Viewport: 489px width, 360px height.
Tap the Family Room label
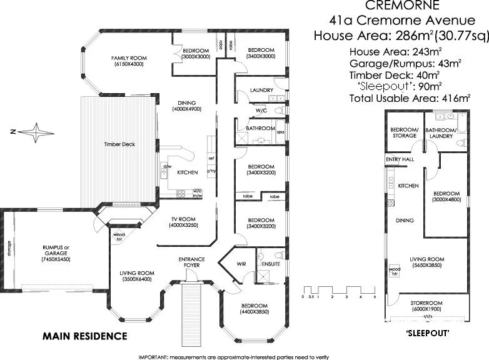click(128, 57)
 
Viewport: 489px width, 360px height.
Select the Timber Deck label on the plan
click(119, 144)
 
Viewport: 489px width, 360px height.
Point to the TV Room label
click(184, 219)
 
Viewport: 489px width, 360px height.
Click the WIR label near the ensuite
click(241, 264)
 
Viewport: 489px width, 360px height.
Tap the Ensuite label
click(271, 264)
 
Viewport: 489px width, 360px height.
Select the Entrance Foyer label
click(191, 262)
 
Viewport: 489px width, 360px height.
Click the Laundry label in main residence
click(261, 90)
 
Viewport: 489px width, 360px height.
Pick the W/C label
click(261, 111)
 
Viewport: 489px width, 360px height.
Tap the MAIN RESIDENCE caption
click(84, 336)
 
